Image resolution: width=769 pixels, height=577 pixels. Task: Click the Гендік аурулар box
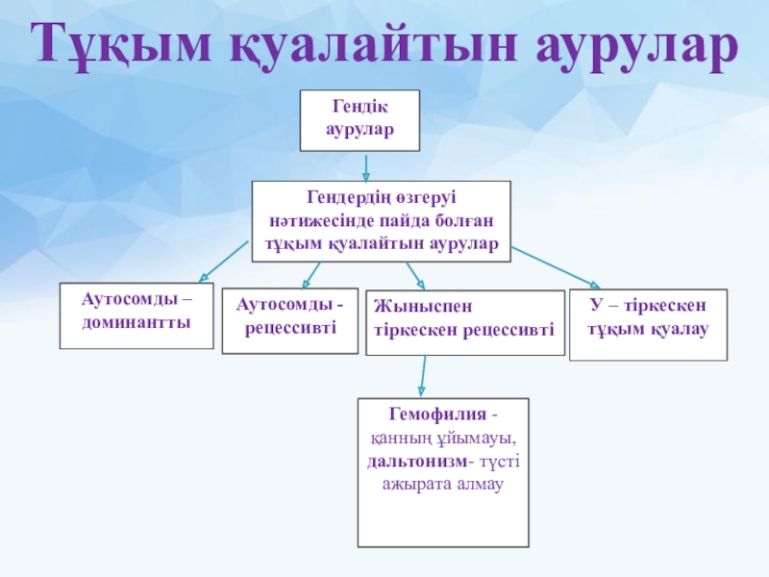[x=360, y=121]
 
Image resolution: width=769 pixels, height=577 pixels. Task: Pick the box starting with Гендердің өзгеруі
[x=382, y=221]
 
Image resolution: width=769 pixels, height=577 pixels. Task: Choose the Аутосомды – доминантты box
[x=136, y=314]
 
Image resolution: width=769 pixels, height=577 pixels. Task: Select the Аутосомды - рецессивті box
[x=290, y=320]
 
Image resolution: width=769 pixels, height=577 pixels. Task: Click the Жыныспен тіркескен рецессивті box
[x=463, y=322]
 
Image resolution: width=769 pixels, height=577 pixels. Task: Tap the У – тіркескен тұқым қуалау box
[x=648, y=324]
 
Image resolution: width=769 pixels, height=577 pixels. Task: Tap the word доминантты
[x=136, y=325]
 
